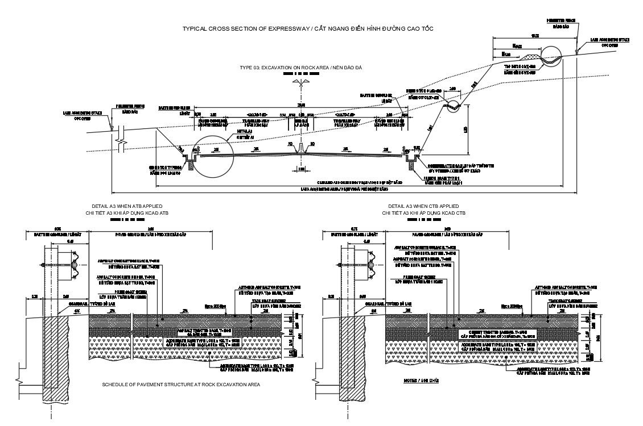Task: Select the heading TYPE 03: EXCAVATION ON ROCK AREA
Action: pos(301,67)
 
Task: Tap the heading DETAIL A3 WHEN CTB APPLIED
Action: pos(423,206)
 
